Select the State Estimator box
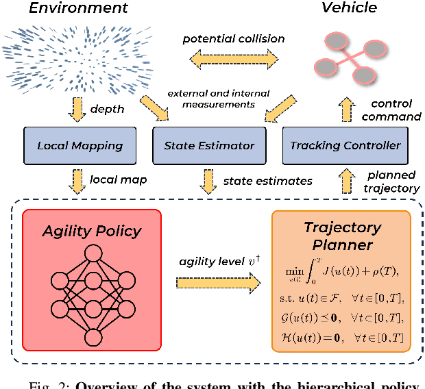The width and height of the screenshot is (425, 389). [209, 145]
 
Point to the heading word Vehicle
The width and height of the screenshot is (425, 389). [349, 8]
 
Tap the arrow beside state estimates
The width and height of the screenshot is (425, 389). [206, 181]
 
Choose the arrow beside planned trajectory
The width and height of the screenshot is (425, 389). [348, 181]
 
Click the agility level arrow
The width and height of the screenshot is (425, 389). [217, 281]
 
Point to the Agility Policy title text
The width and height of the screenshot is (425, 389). [91, 230]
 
